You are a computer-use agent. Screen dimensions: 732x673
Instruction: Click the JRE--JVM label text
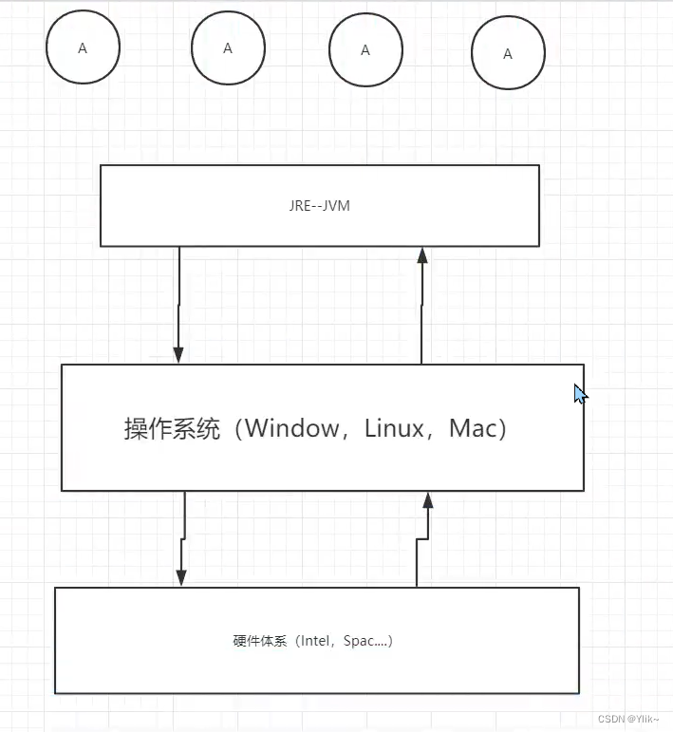[x=320, y=206]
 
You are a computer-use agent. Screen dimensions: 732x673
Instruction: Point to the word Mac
[x=473, y=428]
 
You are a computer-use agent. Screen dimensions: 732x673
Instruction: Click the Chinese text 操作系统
[x=172, y=428]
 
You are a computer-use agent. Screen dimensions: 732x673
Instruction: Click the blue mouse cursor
[x=580, y=394]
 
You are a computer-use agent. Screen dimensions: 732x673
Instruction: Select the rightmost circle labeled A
[x=508, y=54]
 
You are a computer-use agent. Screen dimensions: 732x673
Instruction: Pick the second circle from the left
[x=227, y=48]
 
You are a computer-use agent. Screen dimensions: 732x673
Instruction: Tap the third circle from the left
[x=365, y=50]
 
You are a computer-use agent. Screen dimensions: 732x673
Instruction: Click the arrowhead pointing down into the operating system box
[x=178, y=354]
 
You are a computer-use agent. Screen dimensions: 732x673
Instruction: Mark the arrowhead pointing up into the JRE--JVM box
[x=422, y=255]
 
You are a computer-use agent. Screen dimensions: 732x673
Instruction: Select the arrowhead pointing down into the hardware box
[x=181, y=578]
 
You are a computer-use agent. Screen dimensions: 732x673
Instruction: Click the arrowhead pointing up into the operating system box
[x=428, y=500]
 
